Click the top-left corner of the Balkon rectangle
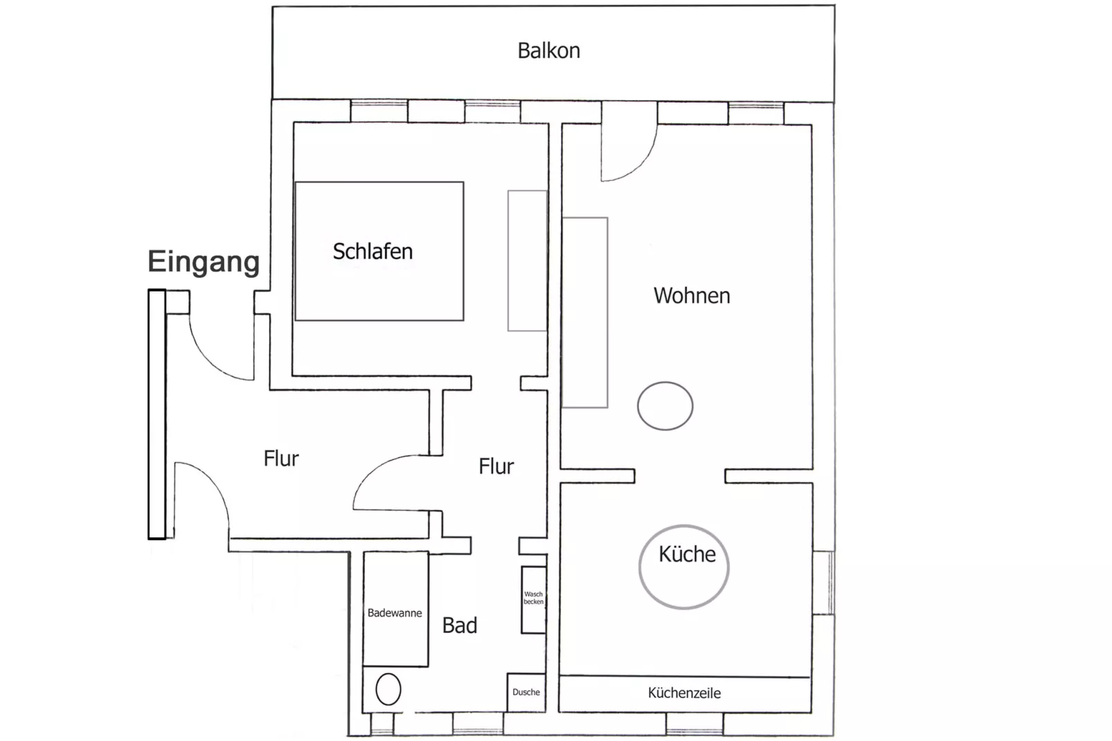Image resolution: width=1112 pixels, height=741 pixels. [x=273, y=6]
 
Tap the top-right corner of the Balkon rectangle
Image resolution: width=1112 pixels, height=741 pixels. [x=834, y=6]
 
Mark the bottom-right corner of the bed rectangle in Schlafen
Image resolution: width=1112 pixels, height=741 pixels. [x=464, y=321]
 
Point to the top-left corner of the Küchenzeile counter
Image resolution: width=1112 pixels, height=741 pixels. [x=559, y=676]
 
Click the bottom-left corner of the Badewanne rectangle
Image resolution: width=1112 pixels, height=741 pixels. [x=364, y=666]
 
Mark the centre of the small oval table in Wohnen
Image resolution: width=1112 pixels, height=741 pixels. [x=665, y=406]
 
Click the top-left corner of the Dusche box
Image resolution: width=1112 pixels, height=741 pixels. [x=508, y=673]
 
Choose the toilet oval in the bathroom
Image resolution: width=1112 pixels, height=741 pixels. [x=388, y=689]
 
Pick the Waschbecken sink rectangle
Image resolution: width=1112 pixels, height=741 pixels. [x=534, y=600]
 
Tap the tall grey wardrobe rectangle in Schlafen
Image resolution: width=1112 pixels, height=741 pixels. [x=527, y=261]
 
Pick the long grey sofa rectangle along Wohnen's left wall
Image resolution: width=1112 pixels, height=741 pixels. [x=585, y=312]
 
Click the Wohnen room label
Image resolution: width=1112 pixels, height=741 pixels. [x=692, y=296]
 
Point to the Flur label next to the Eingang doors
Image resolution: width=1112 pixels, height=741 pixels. [x=281, y=459]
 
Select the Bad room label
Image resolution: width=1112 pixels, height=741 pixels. [x=460, y=626]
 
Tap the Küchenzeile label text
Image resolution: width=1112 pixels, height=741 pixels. [x=684, y=693]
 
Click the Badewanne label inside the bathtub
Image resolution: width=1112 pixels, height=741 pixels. [x=395, y=614]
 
